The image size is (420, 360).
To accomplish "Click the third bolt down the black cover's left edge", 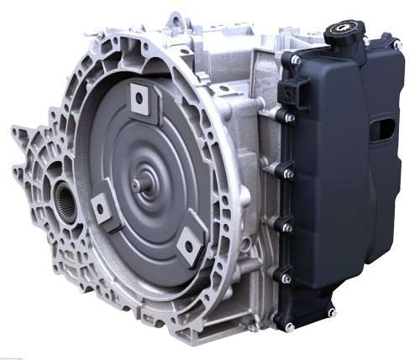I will coord(286,173).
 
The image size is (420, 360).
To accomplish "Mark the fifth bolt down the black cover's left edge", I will coord(286,278).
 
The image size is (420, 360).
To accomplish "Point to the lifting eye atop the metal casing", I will coord(174,18).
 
